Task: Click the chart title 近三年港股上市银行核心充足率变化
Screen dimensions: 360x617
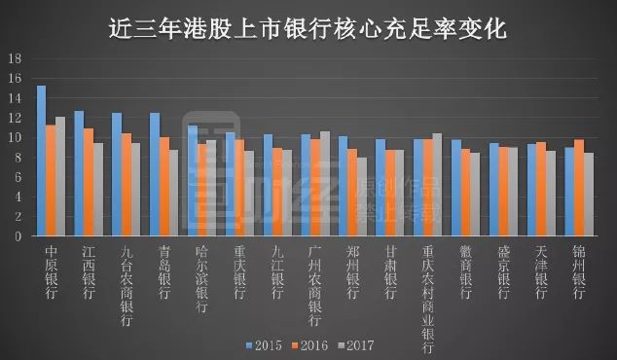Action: click(308, 27)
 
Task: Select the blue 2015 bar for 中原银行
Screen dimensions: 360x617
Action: click(41, 161)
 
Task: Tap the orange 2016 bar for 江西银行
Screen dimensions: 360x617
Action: click(88, 182)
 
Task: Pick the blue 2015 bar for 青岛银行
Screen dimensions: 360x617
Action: click(154, 174)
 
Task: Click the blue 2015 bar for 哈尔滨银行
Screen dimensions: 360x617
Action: click(192, 180)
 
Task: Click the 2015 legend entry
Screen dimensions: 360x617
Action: click(265, 344)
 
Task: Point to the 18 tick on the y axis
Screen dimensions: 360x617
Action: click(15, 58)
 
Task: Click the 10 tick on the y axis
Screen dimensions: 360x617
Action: click(15, 137)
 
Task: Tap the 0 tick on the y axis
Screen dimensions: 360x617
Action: click(18, 235)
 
